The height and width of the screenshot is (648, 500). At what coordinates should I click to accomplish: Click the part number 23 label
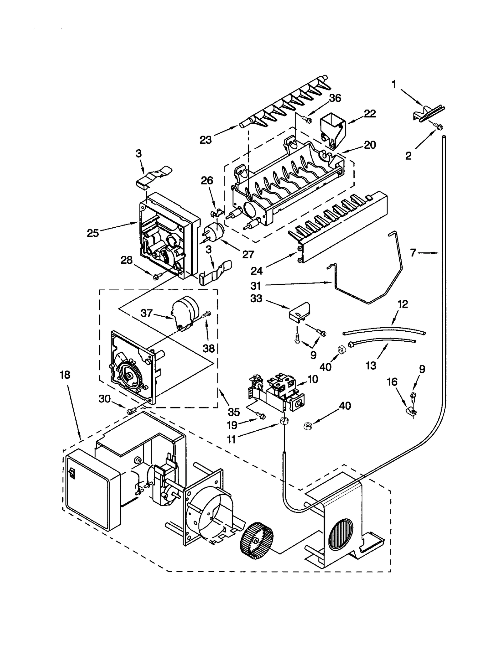click(205, 140)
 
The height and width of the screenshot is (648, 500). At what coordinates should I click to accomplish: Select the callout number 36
click(335, 98)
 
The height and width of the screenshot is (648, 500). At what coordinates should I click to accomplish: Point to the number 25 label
click(93, 233)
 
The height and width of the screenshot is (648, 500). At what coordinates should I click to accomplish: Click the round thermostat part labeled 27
click(214, 232)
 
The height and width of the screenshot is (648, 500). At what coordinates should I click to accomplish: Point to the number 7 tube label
click(413, 252)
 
